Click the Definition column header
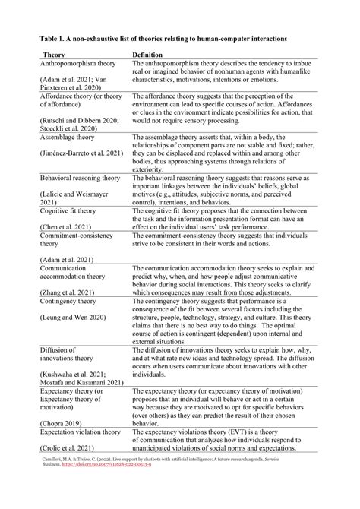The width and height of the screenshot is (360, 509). point(152,55)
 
